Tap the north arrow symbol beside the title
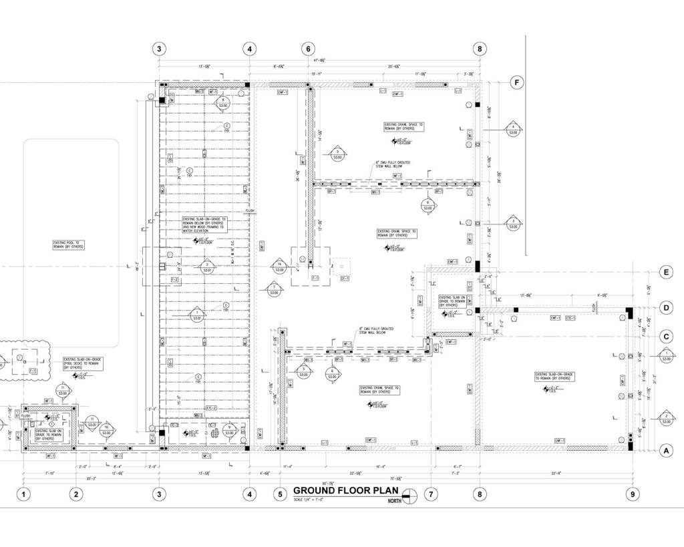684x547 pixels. pos(411,495)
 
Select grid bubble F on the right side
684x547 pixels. pos(516,83)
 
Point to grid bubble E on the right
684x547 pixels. pos(665,272)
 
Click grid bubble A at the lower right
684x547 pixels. pos(665,451)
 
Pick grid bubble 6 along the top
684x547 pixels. pos(308,49)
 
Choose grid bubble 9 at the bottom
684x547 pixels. pos(631,495)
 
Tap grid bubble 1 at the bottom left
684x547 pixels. pos(24,495)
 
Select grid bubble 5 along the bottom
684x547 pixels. pos(280,495)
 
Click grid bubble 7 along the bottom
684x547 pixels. pos(431,495)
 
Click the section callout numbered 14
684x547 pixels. pos(280,266)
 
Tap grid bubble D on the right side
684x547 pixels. pos(665,308)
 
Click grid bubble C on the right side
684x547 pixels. pos(665,336)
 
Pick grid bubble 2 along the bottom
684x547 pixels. pos(76,495)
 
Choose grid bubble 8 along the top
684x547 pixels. pos(480,49)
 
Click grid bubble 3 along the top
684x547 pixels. pos(159,49)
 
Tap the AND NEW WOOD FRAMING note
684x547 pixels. pos(204,224)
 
